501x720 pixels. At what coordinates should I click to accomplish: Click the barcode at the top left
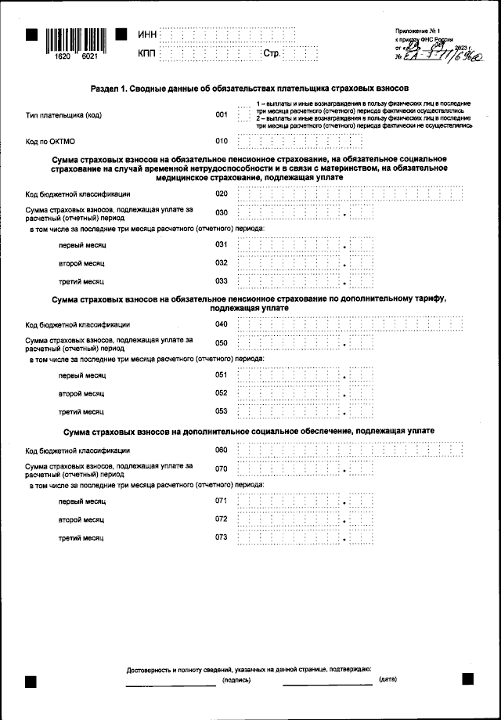pos(75,40)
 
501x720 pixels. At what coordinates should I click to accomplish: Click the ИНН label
pos(146,35)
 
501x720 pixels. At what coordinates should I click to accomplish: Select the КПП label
pos(146,53)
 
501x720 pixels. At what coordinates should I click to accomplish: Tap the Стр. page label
pos(272,53)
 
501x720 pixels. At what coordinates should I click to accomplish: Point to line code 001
pos(222,115)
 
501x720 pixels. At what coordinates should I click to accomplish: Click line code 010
pos(222,142)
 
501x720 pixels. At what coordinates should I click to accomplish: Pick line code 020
pos(222,194)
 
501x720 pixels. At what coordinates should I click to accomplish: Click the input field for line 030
pos(305,212)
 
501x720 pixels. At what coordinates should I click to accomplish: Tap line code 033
pos(222,280)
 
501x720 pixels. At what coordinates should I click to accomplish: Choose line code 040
pos(222,324)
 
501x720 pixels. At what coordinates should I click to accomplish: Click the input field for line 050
pos(305,343)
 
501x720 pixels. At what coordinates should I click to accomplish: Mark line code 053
pos(222,411)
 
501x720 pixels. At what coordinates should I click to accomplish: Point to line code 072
pos(222,519)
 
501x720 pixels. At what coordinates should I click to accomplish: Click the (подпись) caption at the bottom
pos(236,680)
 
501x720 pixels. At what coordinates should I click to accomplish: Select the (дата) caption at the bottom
pos(387,680)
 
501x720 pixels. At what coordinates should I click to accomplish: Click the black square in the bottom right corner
pos(467,679)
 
